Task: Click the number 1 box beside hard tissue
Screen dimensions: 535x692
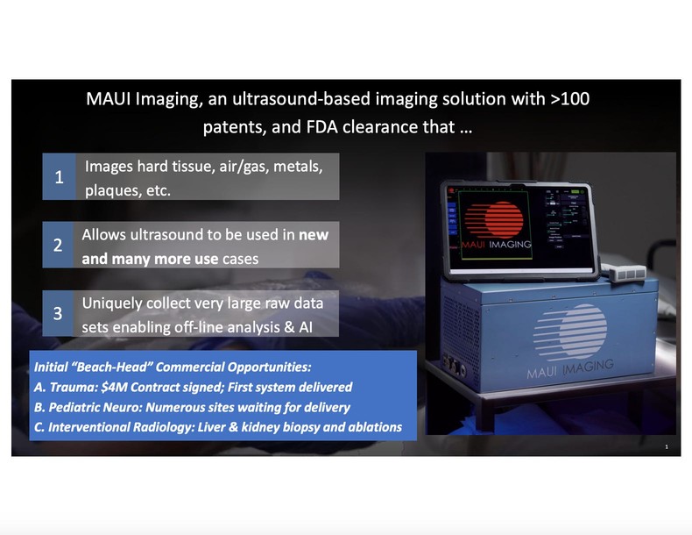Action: pos(59,177)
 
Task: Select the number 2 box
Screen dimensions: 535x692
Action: pos(58,246)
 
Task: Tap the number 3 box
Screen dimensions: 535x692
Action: pos(58,314)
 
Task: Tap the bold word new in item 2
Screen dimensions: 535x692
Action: pos(313,236)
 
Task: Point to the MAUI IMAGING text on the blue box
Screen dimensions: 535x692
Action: pos(569,368)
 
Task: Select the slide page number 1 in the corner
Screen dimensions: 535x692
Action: pos(667,447)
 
